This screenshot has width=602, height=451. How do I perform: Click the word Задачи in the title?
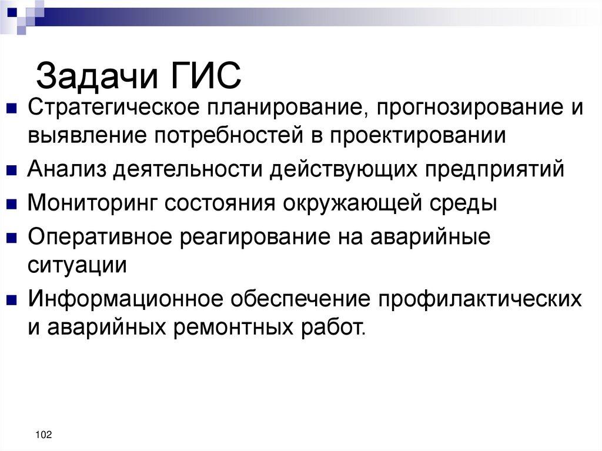(98, 76)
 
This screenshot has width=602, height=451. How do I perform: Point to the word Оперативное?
(103, 237)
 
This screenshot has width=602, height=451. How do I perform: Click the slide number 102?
(44, 435)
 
